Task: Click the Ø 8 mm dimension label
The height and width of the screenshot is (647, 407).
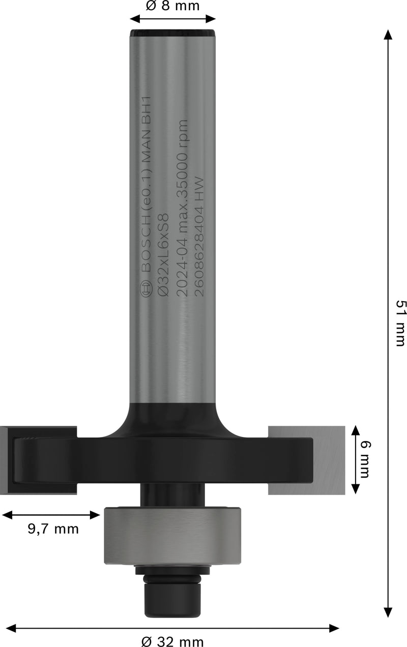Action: (x=172, y=6)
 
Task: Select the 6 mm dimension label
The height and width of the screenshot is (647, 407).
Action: (x=365, y=459)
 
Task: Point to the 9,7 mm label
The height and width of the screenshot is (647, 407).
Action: (x=53, y=529)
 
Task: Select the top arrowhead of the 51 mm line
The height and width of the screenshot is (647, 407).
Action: (x=388, y=35)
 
